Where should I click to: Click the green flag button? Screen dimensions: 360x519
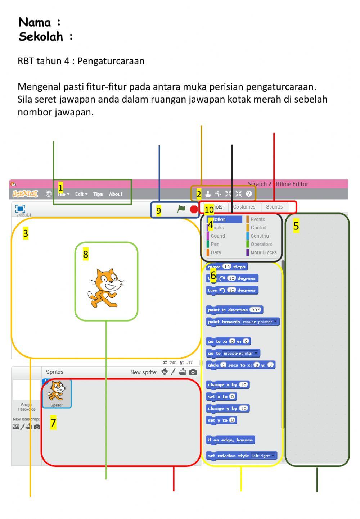point(181,209)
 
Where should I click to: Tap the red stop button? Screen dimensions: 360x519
point(194,209)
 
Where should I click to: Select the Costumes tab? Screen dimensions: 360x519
point(244,207)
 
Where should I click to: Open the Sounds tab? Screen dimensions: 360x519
point(274,207)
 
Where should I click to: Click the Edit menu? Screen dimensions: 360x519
point(81,194)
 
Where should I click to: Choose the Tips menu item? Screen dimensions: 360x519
point(98,194)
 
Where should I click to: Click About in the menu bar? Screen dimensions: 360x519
point(116,194)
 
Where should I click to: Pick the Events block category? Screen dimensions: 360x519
point(257,219)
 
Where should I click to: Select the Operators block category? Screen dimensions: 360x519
point(261,244)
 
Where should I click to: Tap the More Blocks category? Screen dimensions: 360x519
point(263,252)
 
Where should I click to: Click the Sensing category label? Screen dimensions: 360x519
point(259,236)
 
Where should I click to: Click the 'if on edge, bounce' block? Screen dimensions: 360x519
point(230,440)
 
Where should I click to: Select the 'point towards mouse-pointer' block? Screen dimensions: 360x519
point(243,322)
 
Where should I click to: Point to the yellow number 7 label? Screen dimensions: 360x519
point(53,423)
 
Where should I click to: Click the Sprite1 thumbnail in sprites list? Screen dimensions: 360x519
point(57,393)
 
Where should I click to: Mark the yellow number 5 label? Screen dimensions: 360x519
point(296,226)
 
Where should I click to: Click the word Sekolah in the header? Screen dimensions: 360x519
point(41,36)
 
